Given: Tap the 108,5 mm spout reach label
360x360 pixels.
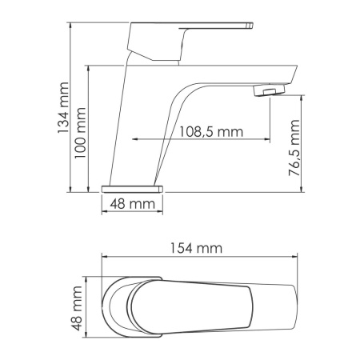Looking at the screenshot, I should coord(210,130).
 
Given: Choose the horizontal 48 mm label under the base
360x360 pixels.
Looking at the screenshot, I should coord(132,205).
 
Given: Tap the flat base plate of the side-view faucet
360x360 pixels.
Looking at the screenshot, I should coord(132,187).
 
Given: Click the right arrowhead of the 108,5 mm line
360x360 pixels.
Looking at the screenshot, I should coord(267,139).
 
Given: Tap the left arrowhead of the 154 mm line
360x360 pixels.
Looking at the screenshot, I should coord(105,257).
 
